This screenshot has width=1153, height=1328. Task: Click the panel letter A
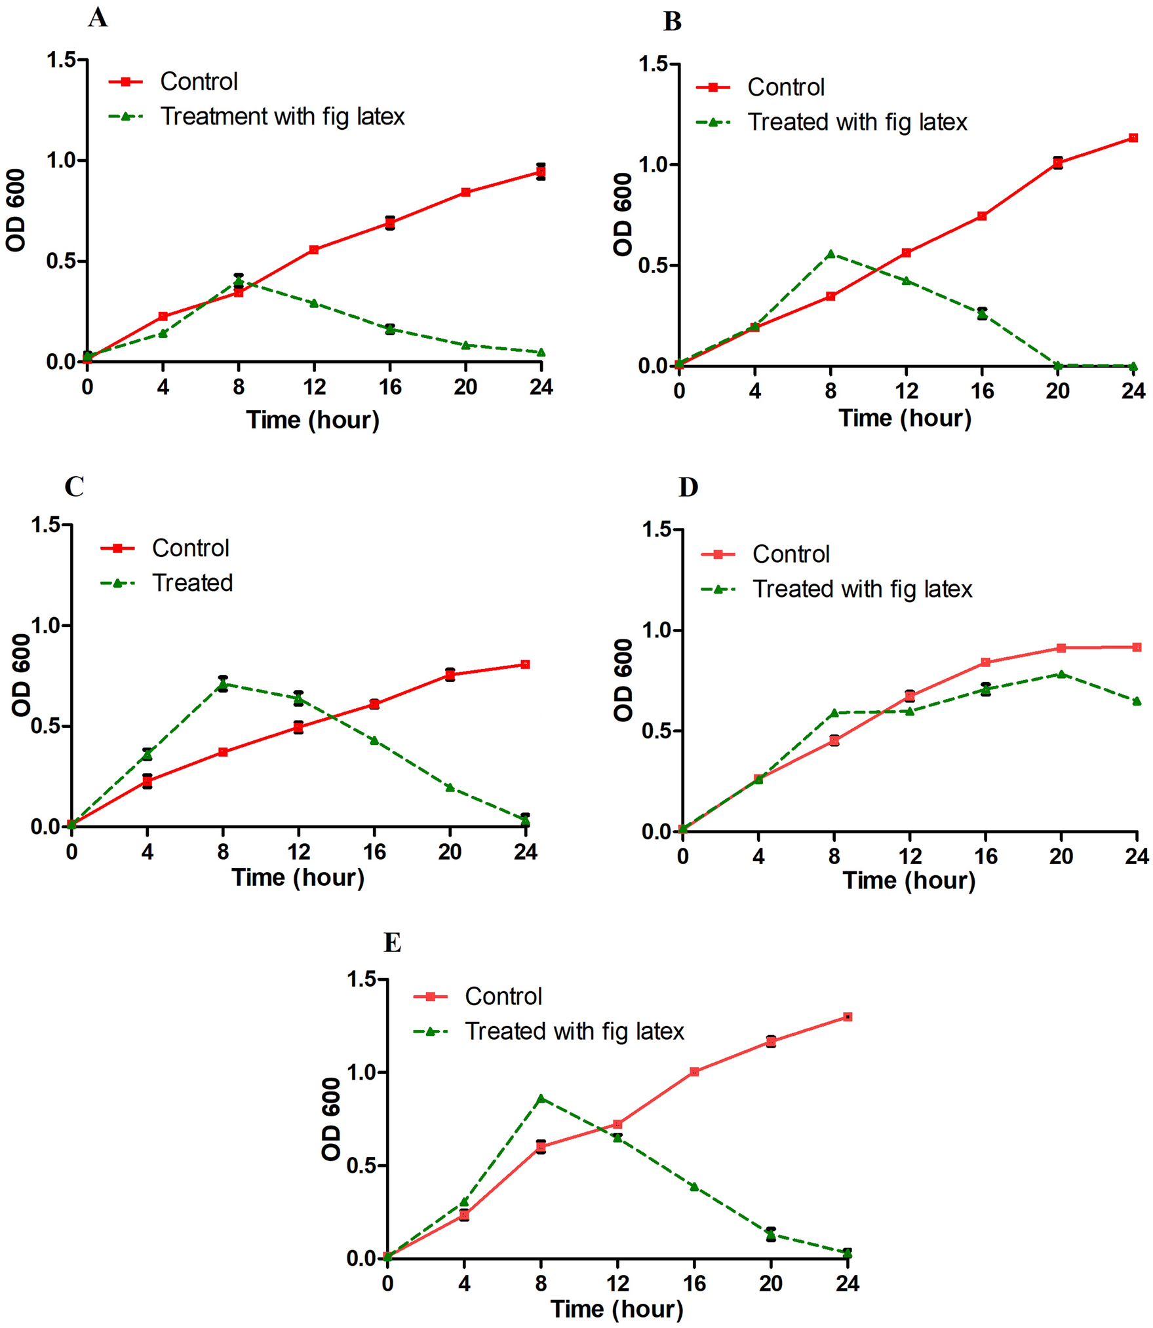[x=98, y=18]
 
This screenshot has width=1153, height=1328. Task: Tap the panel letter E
[x=392, y=943]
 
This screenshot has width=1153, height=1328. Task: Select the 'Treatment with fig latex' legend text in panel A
[x=283, y=117]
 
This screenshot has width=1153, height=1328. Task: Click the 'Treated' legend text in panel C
[x=192, y=583]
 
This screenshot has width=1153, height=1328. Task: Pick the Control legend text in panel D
[x=791, y=554]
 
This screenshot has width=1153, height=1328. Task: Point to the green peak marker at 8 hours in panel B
[x=831, y=254]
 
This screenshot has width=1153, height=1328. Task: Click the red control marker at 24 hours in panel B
[x=1133, y=138]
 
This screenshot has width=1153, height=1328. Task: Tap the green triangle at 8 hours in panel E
[x=541, y=1099]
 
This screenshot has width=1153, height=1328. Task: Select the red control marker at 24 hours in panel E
[x=847, y=1017]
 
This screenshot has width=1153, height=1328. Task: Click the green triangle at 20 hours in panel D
[x=1061, y=674]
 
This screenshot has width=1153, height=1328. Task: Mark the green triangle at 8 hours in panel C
[x=223, y=684]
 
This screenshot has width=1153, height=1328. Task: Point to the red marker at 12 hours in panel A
[x=314, y=250]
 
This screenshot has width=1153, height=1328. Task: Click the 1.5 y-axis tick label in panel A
[x=60, y=60]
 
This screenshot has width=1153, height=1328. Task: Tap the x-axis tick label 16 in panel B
[x=981, y=391]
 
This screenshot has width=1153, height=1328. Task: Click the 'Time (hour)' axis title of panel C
[x=298, y=877]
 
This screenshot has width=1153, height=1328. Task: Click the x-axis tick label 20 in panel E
[x=770, y=1283]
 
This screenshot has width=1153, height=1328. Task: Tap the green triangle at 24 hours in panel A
[x=541, y=352]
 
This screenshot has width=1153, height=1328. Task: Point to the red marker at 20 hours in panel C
[x=450, y=675]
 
